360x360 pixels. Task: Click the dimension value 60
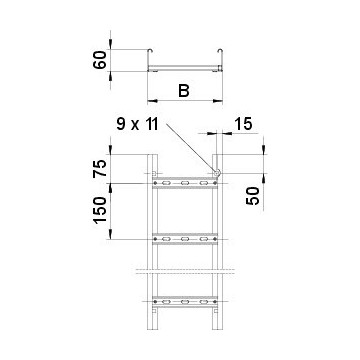(99, 60)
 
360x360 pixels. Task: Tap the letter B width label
(184, 91)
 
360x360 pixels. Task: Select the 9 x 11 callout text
(137, 124)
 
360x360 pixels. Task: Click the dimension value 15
(243, 124)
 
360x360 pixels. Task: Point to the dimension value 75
(100, 168)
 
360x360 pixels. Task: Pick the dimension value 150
(100, 210)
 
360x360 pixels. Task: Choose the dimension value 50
(253, 196)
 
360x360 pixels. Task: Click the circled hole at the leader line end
(217, 173)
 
